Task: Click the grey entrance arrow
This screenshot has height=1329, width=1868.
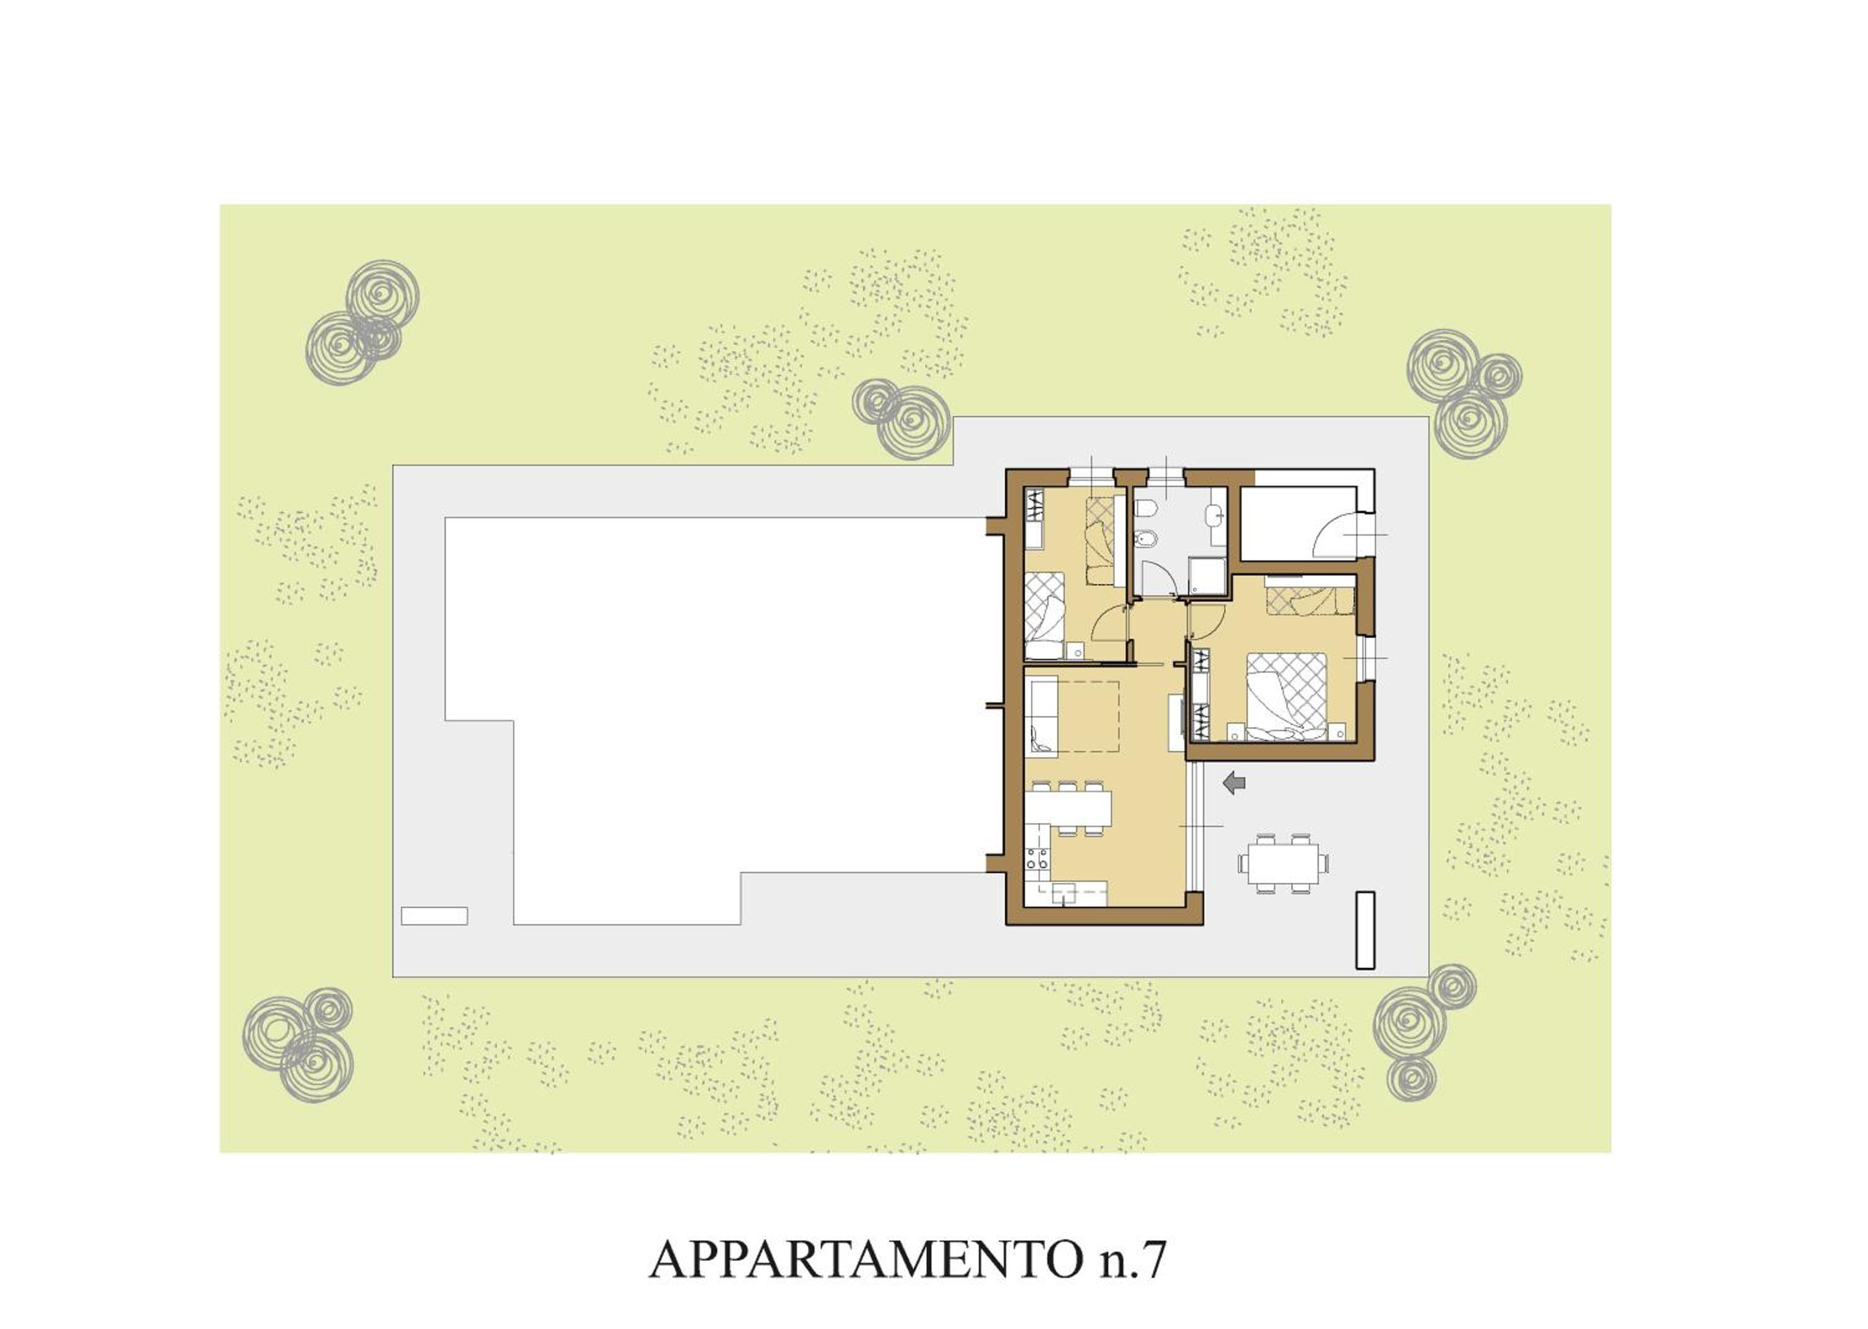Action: (x=1234, y=784)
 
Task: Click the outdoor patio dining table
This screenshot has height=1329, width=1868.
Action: (x=1283, y=863)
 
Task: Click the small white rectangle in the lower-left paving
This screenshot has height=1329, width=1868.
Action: (x=433, y=915)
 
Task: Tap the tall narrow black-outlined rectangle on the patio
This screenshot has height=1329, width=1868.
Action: (x=1365, y=930)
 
